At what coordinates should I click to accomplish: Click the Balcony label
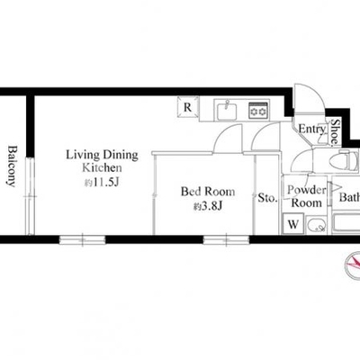coord(12,166)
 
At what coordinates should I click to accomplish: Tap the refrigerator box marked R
coord(188,107)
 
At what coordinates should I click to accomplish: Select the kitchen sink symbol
coord(226,110)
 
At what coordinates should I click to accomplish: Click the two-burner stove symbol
coord(258,111)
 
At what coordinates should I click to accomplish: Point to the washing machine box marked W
coord(293,224)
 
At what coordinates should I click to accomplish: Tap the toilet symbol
coord(344,162)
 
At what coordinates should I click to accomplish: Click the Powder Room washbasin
coord(317,225)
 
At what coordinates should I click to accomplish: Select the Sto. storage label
coord(268,198)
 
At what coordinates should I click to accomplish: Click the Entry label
coord(311,129)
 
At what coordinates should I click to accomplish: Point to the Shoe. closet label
coord(336,131)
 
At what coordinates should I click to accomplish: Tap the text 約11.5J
coord(102,182)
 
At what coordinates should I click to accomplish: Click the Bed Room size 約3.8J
coord(208,206)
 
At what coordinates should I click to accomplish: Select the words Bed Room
coord(208,192)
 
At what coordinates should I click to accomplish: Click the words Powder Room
coord(307,196)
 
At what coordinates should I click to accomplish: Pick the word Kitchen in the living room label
coord(102,167)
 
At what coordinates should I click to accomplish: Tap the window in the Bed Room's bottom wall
coord(227,239)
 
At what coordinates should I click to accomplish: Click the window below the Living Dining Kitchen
coord(82,239)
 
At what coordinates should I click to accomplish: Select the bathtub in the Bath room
coord(346,223)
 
